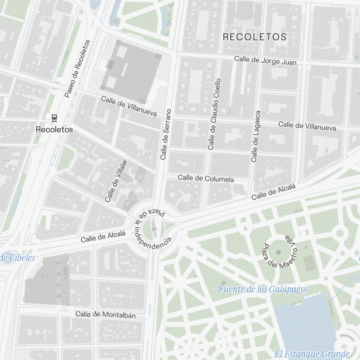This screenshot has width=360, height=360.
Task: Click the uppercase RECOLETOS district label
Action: [255, 37]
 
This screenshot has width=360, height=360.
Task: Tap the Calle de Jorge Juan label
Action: [265, 60]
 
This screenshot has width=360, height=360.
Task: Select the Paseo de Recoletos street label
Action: [77, 68]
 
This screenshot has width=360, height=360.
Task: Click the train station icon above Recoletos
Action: [54, 117]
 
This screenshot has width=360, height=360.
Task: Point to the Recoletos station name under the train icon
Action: [54, 130]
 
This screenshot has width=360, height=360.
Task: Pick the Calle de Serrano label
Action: [166, 134]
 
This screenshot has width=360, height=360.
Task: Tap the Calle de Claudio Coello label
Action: [214, 114]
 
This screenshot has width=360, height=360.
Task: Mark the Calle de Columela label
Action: [206, 179]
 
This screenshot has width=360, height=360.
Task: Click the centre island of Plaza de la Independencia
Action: [154, 229]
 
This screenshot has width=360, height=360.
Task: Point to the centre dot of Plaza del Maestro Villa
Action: [278, 252]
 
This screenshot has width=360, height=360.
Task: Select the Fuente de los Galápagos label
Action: [263, 289]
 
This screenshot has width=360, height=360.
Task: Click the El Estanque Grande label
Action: [312, 354]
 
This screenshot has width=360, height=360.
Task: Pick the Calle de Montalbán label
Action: [105, 315]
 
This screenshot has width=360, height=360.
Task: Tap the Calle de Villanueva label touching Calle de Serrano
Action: [129, 107]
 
